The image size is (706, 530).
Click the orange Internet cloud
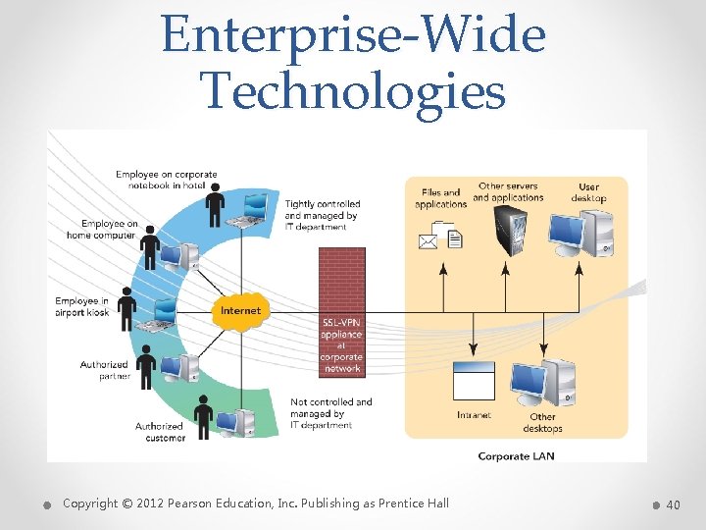coord(240,310)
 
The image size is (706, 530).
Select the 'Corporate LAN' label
coord(516,456)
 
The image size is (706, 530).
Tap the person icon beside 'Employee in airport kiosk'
coord(127,309)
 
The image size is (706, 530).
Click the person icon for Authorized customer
coord(204,416)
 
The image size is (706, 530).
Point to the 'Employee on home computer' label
coord(101,230)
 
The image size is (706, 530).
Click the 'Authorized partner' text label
coord(105,370)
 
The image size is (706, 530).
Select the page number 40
coord(673,504)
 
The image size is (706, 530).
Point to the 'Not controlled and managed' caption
coord(331,413)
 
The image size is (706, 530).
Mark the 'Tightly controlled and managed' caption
coord(322,216)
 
